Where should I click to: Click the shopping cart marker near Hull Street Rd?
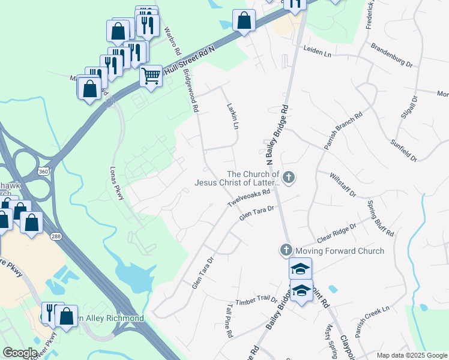(151, 76)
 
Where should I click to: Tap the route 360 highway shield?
(44, 172)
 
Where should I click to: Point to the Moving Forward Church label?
(340, 250)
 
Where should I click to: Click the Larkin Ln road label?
(233, 116)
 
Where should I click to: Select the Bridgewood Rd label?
(191, 91)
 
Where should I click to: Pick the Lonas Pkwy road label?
(115, 182)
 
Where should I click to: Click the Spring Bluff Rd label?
(381, 218)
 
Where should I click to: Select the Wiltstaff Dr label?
(343, 185)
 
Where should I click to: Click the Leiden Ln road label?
(318, 53)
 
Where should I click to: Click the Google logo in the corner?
(20, 352)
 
